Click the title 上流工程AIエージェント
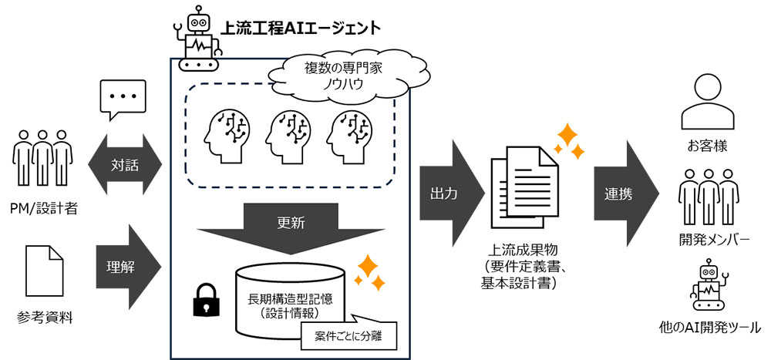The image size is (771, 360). pos(301,29)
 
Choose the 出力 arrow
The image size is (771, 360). pos(449,193)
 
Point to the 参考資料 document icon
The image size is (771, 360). pos(45,270)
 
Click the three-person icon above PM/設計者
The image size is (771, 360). pos(45,160)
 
